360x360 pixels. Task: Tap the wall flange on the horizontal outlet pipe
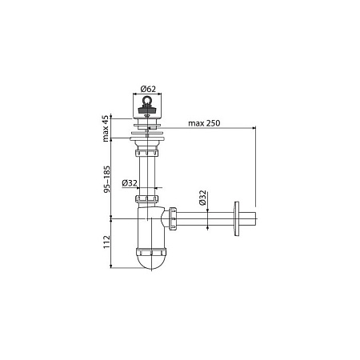[x=234, y=218]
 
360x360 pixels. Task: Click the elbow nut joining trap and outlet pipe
[x=170, y=218]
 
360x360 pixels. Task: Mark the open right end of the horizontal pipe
[x=254, y=218]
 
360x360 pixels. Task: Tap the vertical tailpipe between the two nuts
[x=148, y=172]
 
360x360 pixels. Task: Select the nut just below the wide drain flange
[x=148, y=147]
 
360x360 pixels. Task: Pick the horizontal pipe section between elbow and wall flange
[x=204, y=218]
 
